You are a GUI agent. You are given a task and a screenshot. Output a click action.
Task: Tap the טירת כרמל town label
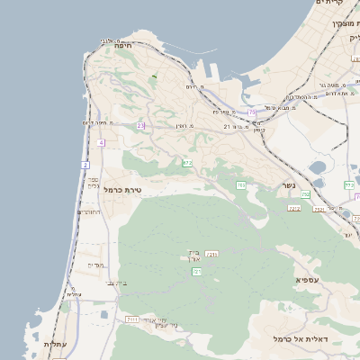click(123, 190)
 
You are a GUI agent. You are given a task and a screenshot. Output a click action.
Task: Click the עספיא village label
click(308, 281)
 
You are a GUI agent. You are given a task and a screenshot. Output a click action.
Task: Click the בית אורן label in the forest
click(193, 256)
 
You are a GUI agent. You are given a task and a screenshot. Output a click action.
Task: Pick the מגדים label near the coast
click(96, 265)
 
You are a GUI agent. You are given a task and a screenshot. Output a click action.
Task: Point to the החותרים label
click(88, 212)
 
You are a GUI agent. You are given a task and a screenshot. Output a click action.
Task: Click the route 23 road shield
click(140, 126)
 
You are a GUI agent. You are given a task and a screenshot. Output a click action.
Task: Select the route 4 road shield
click(102, 143)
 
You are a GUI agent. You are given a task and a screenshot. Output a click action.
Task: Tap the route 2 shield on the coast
click(85, 165)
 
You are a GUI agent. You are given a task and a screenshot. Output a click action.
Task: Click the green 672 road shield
click(187, 163)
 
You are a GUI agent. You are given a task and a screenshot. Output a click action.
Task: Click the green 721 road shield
click(196, 271)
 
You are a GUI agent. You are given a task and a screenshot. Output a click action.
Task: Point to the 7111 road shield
click(131, 319)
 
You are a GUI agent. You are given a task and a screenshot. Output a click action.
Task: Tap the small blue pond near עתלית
click(105, 315)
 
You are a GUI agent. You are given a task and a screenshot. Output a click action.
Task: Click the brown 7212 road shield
click(294, 208)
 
